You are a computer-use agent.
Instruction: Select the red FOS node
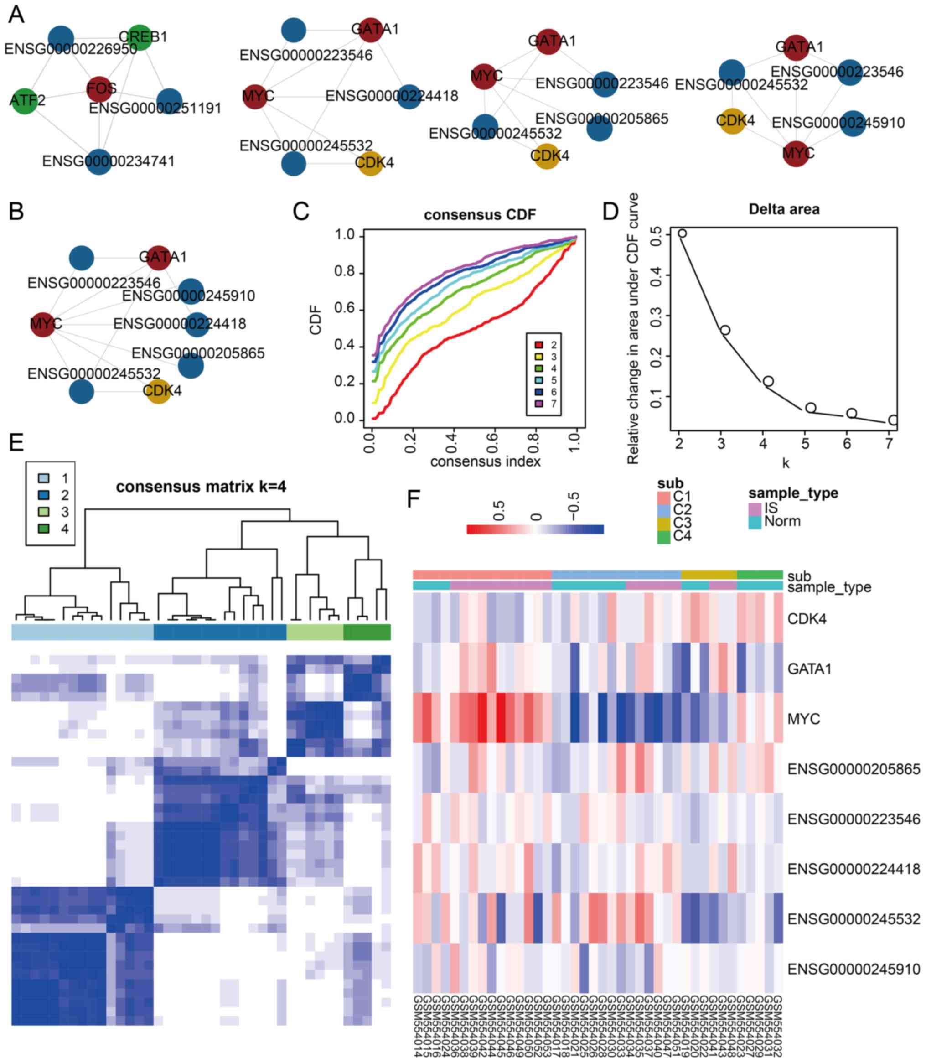99,89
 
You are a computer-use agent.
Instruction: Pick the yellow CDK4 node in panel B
158,390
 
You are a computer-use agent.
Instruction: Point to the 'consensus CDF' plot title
480,214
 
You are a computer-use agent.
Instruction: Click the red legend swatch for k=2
538,345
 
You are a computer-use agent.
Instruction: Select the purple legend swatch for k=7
538,404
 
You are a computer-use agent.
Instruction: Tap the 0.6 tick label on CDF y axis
345,309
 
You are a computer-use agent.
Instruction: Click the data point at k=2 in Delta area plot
682,233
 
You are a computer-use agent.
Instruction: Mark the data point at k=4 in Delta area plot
768,381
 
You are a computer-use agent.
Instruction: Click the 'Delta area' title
784,209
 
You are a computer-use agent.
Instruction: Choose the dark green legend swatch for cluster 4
43,529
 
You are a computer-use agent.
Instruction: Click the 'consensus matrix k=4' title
201,487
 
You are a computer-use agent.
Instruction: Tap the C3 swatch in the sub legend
663,523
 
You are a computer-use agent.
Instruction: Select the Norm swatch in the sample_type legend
755,522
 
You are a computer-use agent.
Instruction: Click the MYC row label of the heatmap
803,719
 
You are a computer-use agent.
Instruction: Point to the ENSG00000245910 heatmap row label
854,969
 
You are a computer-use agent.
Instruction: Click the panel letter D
610,211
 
